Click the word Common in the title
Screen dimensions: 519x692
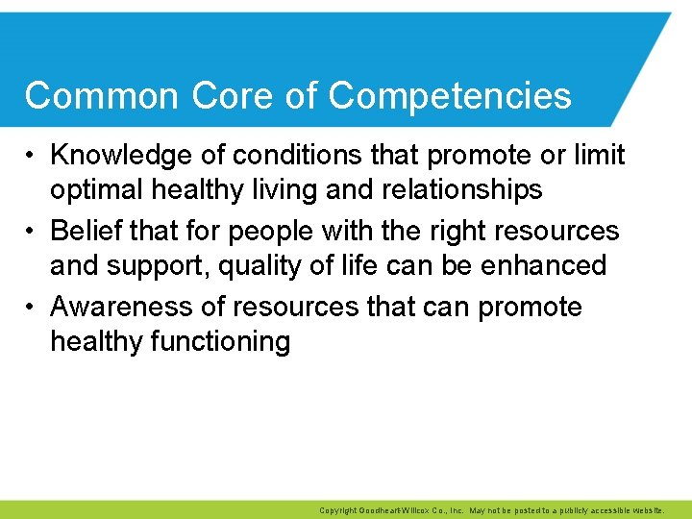tap(102, 96)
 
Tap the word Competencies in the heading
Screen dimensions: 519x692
tap(450, 96)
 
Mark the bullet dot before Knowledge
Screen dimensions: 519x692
tap(31, 156)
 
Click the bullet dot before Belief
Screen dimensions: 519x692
tap(31, 232)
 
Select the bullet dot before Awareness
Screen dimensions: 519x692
tap(31, 308)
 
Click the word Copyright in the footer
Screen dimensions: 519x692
tap(336, 510)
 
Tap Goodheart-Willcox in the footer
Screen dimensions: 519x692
tap(394, 510)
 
